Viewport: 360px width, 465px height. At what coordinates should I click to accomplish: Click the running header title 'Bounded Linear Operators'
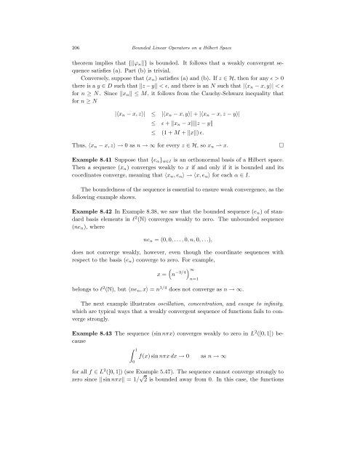coord(138,27)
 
